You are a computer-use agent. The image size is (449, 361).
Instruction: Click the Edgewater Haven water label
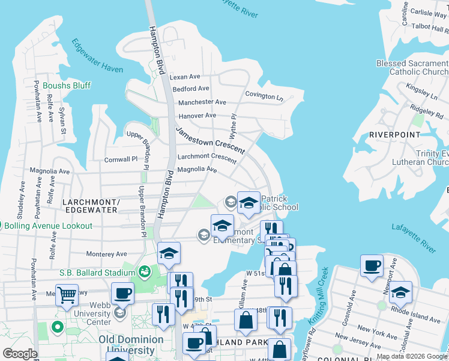[98, 56]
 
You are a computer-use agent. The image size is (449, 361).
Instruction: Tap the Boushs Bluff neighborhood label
[66, 85]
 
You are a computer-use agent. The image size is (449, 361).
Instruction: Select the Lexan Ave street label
[185, 77]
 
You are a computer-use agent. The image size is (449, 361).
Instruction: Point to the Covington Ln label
[264, 96]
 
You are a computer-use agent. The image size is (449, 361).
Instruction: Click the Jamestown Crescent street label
[210, 140]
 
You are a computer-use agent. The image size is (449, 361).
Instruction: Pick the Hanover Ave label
[197, 116]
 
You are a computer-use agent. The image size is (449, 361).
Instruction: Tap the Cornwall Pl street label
[121, 159]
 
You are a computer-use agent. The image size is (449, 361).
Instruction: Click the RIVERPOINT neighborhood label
[394, 135]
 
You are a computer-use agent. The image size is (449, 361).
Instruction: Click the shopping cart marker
[67, 295]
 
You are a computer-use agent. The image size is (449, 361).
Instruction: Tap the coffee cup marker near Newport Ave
[372, 265]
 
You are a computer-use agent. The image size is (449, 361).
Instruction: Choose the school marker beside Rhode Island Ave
[400, 292]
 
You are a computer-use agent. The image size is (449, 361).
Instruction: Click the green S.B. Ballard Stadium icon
[144, 273]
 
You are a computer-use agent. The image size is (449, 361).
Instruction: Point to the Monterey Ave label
[106, 254]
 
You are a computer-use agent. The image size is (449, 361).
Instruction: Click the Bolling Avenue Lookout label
[49, 226]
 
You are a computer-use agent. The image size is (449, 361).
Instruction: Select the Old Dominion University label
[131, 345]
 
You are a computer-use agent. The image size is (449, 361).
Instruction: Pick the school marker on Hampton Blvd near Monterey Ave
[169, 253]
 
